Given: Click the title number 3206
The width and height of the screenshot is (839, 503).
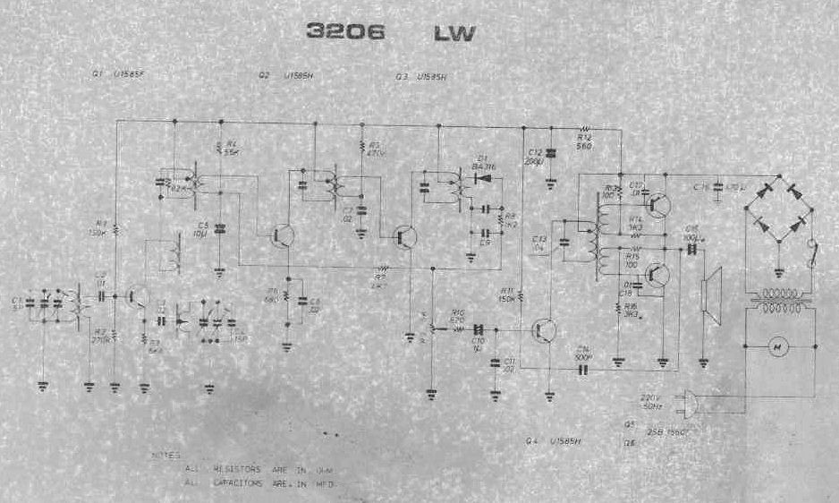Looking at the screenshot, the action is pos(345,34).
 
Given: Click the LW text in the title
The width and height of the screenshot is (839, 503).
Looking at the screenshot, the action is pos(454,35).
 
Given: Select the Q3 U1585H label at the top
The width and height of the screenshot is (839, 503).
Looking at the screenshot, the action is pos(419,77).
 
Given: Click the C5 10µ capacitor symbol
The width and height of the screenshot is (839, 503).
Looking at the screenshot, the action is pos(220,229).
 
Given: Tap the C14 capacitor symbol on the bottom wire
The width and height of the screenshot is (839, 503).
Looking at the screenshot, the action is pos(582,367).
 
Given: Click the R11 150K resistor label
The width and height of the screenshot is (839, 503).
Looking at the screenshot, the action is pos(506,294).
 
